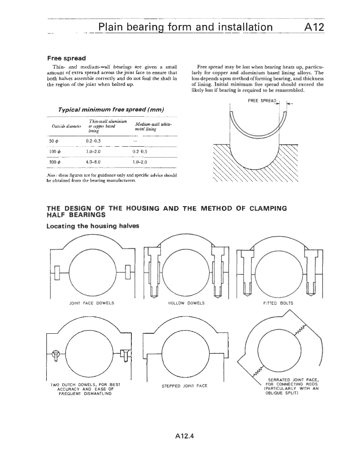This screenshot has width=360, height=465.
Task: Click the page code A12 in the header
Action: click(313, 27)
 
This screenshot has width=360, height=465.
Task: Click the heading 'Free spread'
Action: click(66, 58)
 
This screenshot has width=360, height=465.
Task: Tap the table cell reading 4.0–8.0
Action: click(93, 161)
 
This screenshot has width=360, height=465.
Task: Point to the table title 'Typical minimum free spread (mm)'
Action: click(111, 110)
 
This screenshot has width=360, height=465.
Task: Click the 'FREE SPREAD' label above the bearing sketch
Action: click(262, 101)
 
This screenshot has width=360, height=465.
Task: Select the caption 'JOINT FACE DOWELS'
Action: click(90, 303)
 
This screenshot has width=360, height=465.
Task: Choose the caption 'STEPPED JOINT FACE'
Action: click(185, 386)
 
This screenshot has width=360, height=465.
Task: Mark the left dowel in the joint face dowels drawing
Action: click(57, 272)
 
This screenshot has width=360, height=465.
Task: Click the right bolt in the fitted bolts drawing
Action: click(312, 272)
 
